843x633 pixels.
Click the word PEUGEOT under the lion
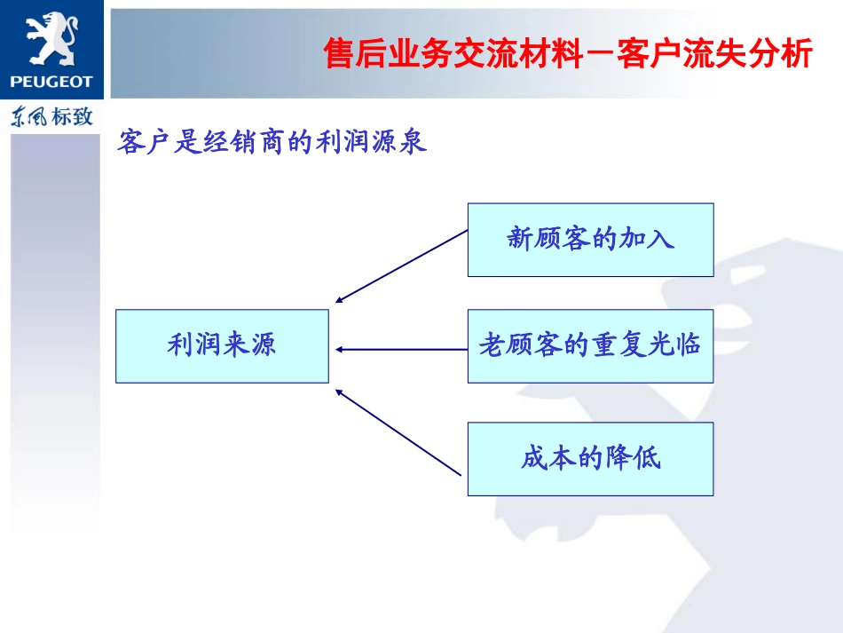(x=51, y=82)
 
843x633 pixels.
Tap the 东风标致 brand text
(x=51, y=116)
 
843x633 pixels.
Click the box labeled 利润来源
(x=222, y=345)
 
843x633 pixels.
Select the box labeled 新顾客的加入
(x=590, y=239)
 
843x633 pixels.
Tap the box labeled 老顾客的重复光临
(x=590, y=345)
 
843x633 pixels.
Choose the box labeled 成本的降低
(x=590, y=458)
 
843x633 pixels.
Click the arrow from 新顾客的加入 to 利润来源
(x=401, y=266)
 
